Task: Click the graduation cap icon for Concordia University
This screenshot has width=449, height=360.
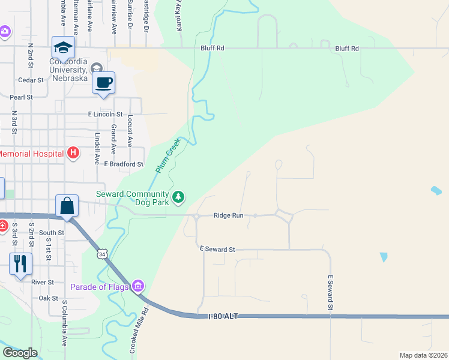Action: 63,47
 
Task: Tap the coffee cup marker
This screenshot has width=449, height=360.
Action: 103,83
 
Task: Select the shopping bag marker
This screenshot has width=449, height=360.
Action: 67,206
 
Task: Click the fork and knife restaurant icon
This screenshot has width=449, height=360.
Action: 20,263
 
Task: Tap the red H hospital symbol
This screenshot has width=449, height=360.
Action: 73,153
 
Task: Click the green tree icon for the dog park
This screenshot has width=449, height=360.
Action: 178,196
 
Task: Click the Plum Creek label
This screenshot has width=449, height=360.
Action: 168,155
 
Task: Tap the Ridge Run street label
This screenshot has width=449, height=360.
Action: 229,215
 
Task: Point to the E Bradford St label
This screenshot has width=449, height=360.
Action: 124,164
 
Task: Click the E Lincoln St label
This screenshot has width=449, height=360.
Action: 105,114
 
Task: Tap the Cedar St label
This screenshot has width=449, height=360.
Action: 31,80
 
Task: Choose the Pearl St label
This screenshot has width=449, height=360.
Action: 20,97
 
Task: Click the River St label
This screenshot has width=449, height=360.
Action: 43,282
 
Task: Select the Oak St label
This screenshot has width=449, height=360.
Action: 48,298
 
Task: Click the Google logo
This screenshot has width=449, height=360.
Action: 20,353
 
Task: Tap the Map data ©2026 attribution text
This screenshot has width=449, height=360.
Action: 423,355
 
